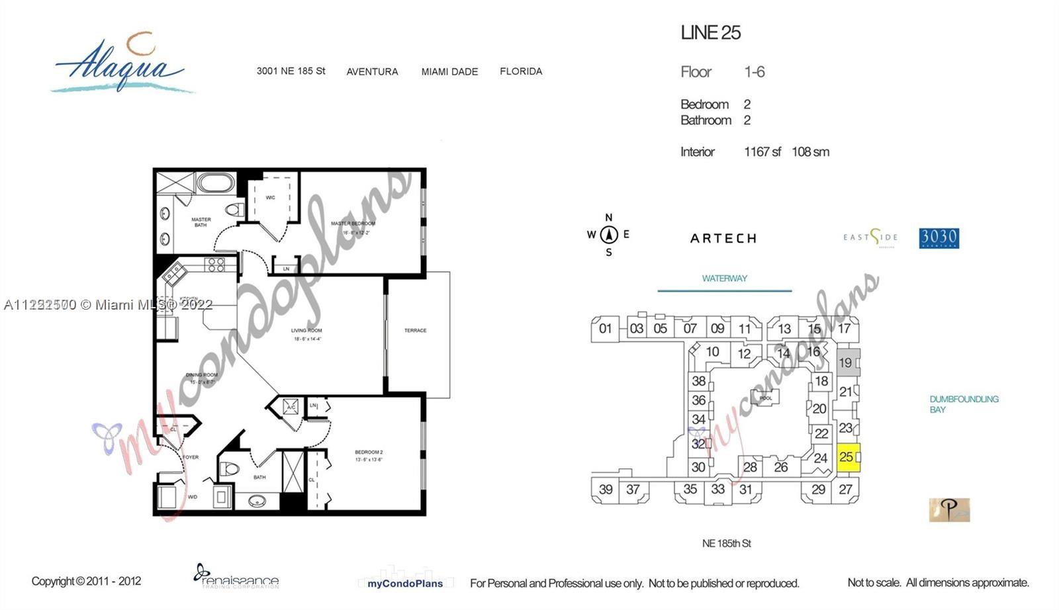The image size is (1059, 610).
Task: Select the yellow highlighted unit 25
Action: pos(849,457)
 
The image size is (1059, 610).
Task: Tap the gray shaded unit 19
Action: pos(847,363)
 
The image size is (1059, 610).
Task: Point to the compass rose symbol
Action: pos(609,235)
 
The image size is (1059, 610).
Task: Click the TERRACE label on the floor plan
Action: pos(416,330)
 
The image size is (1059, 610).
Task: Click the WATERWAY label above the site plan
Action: pos(724,279)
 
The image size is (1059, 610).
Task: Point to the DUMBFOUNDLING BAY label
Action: pos(964,404)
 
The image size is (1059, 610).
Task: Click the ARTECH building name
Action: pos(723,238)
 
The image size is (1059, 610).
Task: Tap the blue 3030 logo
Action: pos(939,238)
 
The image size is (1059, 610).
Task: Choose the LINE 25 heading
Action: pos(710,32)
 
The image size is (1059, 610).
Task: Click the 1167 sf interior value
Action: pos(762,152)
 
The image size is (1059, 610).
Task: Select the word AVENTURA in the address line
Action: pos(372,71)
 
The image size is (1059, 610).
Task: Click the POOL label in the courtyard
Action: pos(766,398)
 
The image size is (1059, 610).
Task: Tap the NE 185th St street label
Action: pos(726,543)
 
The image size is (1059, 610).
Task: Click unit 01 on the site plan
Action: pos(605,328)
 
